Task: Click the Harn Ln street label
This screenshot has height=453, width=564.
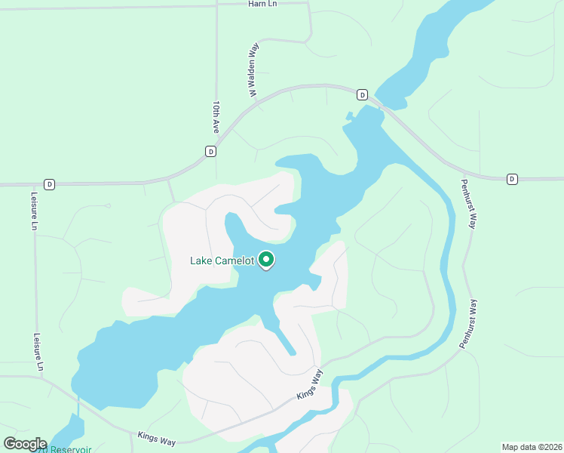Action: (263, 4)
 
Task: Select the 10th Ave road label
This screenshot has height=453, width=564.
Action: (216, 117)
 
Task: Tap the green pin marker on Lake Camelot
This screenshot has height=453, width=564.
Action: (266, 260)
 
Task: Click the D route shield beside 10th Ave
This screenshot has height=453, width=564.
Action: (210, 151)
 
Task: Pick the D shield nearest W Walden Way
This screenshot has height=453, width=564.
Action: (362, 94)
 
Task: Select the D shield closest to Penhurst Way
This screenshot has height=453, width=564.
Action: (512, 179)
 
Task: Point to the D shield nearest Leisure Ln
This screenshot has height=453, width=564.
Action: (49, 183)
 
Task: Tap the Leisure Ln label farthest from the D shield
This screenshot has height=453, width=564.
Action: (39, 352)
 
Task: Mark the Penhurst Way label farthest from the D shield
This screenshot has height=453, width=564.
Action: (469, 324)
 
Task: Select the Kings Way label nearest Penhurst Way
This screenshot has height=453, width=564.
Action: (309, 384)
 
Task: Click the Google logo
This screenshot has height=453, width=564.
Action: (24, 444)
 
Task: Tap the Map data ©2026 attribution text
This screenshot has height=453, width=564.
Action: (531, 447)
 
